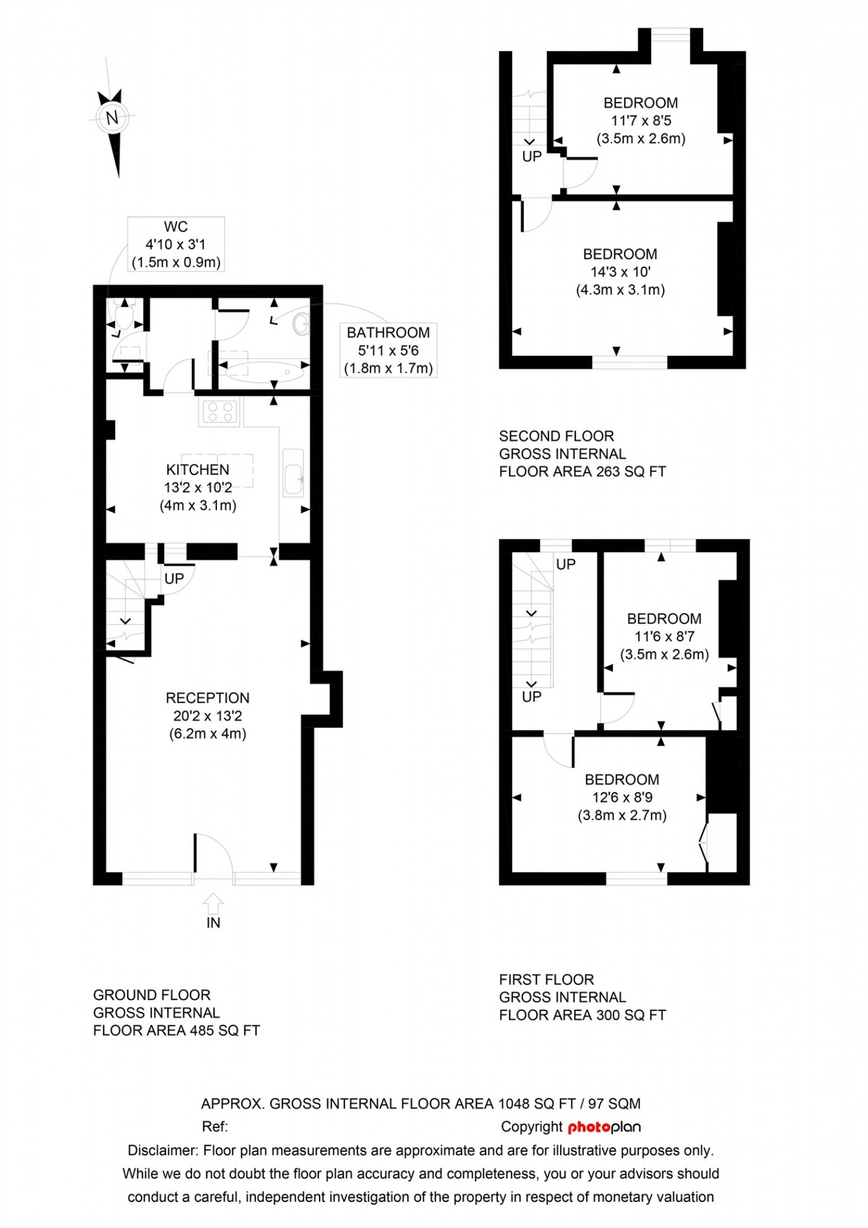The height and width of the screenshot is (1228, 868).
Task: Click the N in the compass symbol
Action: pos(112,118)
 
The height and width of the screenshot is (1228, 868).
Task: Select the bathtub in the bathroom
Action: pos(264,372)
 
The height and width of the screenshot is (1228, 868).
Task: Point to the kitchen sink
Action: pos(293,472)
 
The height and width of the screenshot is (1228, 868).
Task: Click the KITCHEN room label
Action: pos(198,470)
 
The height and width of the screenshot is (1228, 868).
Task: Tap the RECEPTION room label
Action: pos(208,698)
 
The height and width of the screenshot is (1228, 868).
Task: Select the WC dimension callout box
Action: pos(176,244)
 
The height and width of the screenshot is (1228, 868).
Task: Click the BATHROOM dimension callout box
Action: pos(388,350)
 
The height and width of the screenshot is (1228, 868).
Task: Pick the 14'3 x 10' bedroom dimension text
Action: pos(620,272)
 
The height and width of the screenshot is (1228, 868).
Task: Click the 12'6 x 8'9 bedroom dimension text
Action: pos(622,797)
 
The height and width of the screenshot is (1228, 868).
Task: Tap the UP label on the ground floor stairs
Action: pos(174,579)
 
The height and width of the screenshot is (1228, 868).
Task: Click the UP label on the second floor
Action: pos(532,156)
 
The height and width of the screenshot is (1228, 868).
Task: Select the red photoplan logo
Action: pos(604,1127)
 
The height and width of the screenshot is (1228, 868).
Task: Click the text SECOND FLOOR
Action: pos(556,436)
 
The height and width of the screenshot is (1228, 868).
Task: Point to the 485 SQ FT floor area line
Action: pos(176,1031)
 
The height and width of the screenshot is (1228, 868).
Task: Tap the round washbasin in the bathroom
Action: pos(301,324)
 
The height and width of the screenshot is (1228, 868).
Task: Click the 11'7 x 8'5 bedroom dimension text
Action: pos(641,121)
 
